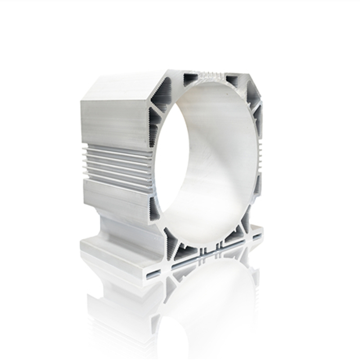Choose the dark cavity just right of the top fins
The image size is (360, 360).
point(232,80)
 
